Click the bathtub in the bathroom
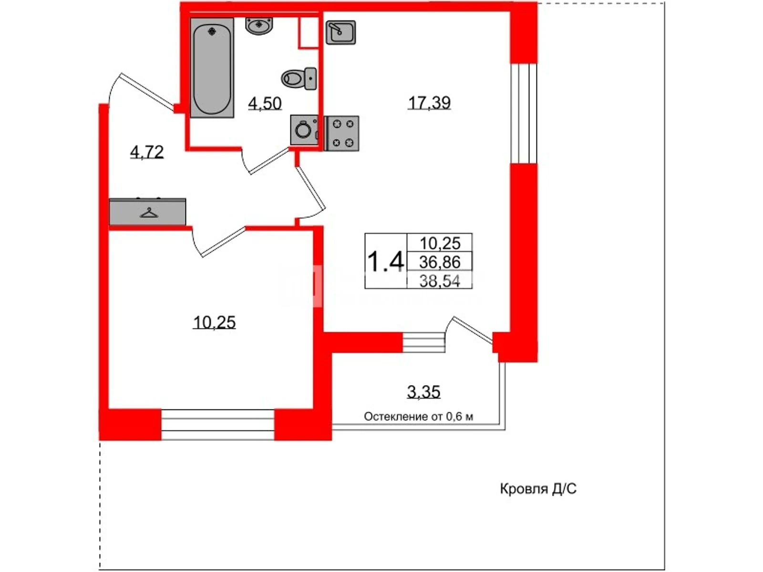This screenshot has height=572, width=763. point(212,68)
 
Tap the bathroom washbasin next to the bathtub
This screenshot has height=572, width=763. point(259,26)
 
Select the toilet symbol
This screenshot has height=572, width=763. point(299,79)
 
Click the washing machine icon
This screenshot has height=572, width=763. point(304,130)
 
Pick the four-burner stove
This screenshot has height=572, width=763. point(342,133)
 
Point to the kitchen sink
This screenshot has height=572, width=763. point(340,32)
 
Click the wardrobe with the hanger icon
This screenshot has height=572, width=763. point(147,212)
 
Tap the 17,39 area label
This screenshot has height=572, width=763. point(429,103)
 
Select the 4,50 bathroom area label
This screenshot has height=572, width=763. point(265,103)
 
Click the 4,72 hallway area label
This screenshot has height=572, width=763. point(147,152)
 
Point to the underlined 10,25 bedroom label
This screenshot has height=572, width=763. point(214,322)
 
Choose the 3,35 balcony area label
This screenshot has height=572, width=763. point(423,392)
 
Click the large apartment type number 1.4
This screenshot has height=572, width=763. point(385,261)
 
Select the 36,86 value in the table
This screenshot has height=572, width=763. point(440,262)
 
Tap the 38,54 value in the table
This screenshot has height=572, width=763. point(440,281)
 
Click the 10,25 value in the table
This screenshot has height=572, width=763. point(440,243)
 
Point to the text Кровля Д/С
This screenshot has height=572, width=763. point(538,489)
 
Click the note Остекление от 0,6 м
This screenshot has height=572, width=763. point(419,417)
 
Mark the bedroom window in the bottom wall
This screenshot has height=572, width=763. point(218,425)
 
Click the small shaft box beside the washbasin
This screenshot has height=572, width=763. point(309,31)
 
